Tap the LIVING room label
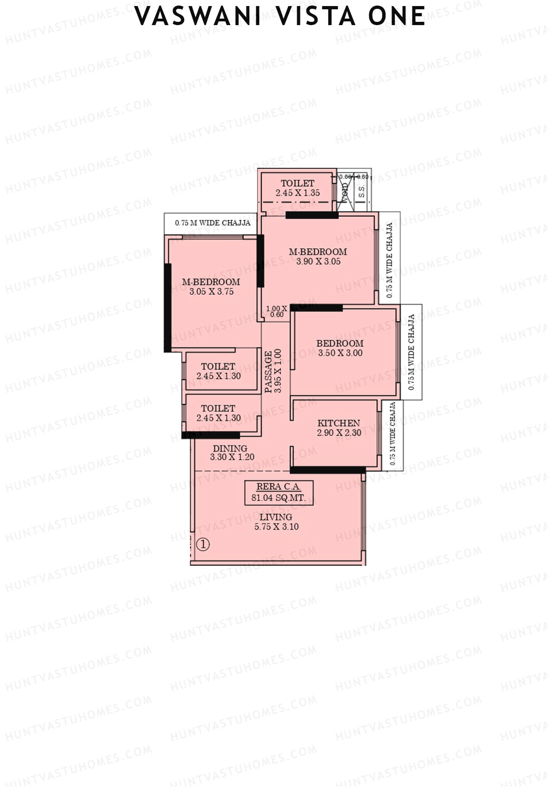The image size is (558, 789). point(276,517)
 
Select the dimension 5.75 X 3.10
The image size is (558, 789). point(276,527)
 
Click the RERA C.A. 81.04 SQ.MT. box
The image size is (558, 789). point(279,492)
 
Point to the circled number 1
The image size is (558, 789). point(203,544)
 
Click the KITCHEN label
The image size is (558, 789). point(339,423)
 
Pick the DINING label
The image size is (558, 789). point(230,449)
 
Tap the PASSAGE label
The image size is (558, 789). point(269,372)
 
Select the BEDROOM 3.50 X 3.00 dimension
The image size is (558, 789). point(340,353)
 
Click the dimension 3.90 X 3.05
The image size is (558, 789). point(318,261)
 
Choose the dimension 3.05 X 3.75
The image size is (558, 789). point(211,292)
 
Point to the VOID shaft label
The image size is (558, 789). point(345,192)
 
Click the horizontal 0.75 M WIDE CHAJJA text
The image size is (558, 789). point(213,223)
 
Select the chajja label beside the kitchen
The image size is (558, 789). point(393,434)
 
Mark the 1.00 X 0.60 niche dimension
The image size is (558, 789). point(276,312)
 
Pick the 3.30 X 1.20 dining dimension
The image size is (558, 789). point(232,457)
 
